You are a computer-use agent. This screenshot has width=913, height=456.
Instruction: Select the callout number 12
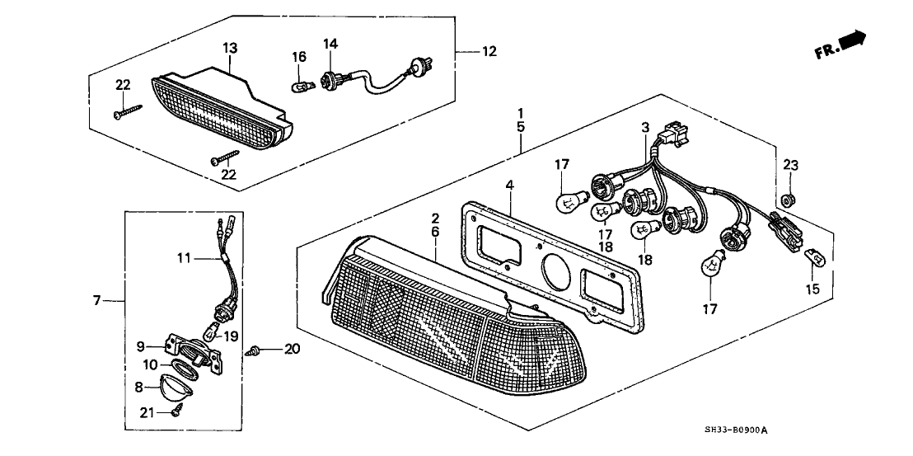point(489,51)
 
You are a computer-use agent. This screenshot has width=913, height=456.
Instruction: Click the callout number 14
point(330,43)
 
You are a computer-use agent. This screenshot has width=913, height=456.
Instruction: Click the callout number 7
point(97,301)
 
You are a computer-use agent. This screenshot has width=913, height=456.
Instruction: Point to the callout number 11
point(184,258)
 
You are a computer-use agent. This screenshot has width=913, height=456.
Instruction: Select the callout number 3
point(645,127)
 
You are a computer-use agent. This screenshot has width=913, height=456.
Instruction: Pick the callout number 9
point(140,346)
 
